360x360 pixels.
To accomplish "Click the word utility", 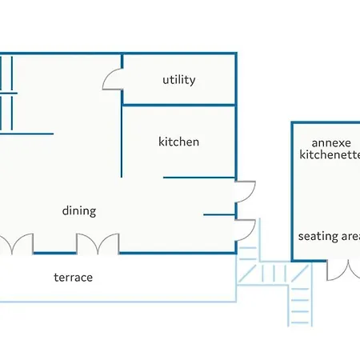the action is pos(179,80).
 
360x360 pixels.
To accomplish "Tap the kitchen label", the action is pos(178,142).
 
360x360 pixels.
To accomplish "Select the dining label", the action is pos(79,211).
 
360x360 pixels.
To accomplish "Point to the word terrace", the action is pos(73,278).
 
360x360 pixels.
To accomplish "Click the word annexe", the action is pos(331,143).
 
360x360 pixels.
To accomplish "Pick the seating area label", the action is pos(329,236).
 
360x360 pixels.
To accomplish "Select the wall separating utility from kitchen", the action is pos(178,105).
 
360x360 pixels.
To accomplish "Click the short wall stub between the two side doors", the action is pos(219,214).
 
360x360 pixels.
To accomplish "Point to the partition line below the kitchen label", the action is pos(199,178).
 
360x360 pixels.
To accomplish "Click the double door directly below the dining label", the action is pos(98,243).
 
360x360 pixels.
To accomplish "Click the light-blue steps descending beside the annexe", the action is pos(300,306).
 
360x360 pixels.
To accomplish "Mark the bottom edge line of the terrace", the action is pos(118,302).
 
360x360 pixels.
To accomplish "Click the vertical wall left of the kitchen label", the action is pos(122,142).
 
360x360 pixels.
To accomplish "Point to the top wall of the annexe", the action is pos(326,122).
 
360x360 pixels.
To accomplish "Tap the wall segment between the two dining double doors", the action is pos(55,253).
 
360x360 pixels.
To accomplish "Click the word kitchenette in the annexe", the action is pos(330,154).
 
